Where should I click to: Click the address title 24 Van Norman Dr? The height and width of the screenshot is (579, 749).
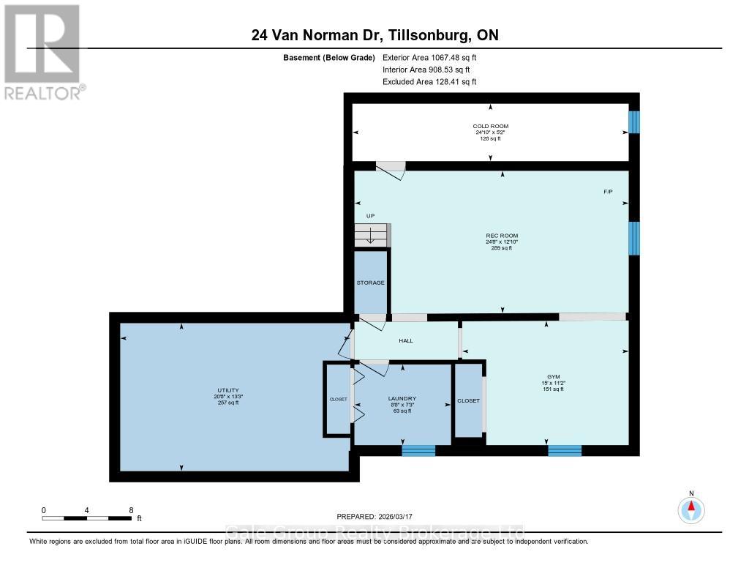[374, 35]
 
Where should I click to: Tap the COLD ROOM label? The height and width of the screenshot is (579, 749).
[490, 127]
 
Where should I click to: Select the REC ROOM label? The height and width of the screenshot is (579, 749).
[501, 236]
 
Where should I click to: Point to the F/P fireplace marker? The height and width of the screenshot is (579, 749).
[608, 192]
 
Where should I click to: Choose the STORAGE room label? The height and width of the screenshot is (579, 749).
[370, 283]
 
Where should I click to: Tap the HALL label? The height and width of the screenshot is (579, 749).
[406, 341]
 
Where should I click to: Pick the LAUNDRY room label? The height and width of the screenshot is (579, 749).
[402, 399]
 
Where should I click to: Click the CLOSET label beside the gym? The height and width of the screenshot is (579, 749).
[468, 401]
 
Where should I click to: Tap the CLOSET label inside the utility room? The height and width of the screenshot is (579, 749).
[338, 400]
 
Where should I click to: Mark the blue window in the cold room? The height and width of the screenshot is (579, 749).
[634, 122]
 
